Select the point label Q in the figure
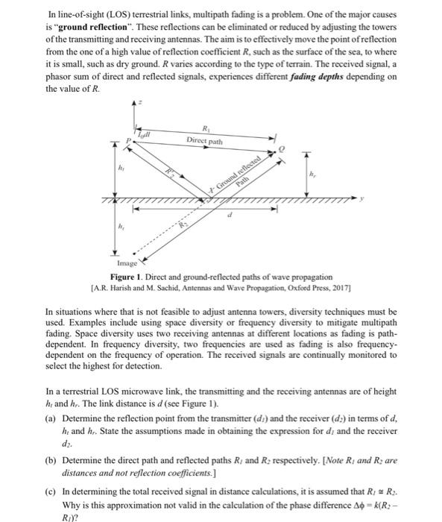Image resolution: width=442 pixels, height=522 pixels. click(281, 149)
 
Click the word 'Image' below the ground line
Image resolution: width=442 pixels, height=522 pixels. click(127, 263)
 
